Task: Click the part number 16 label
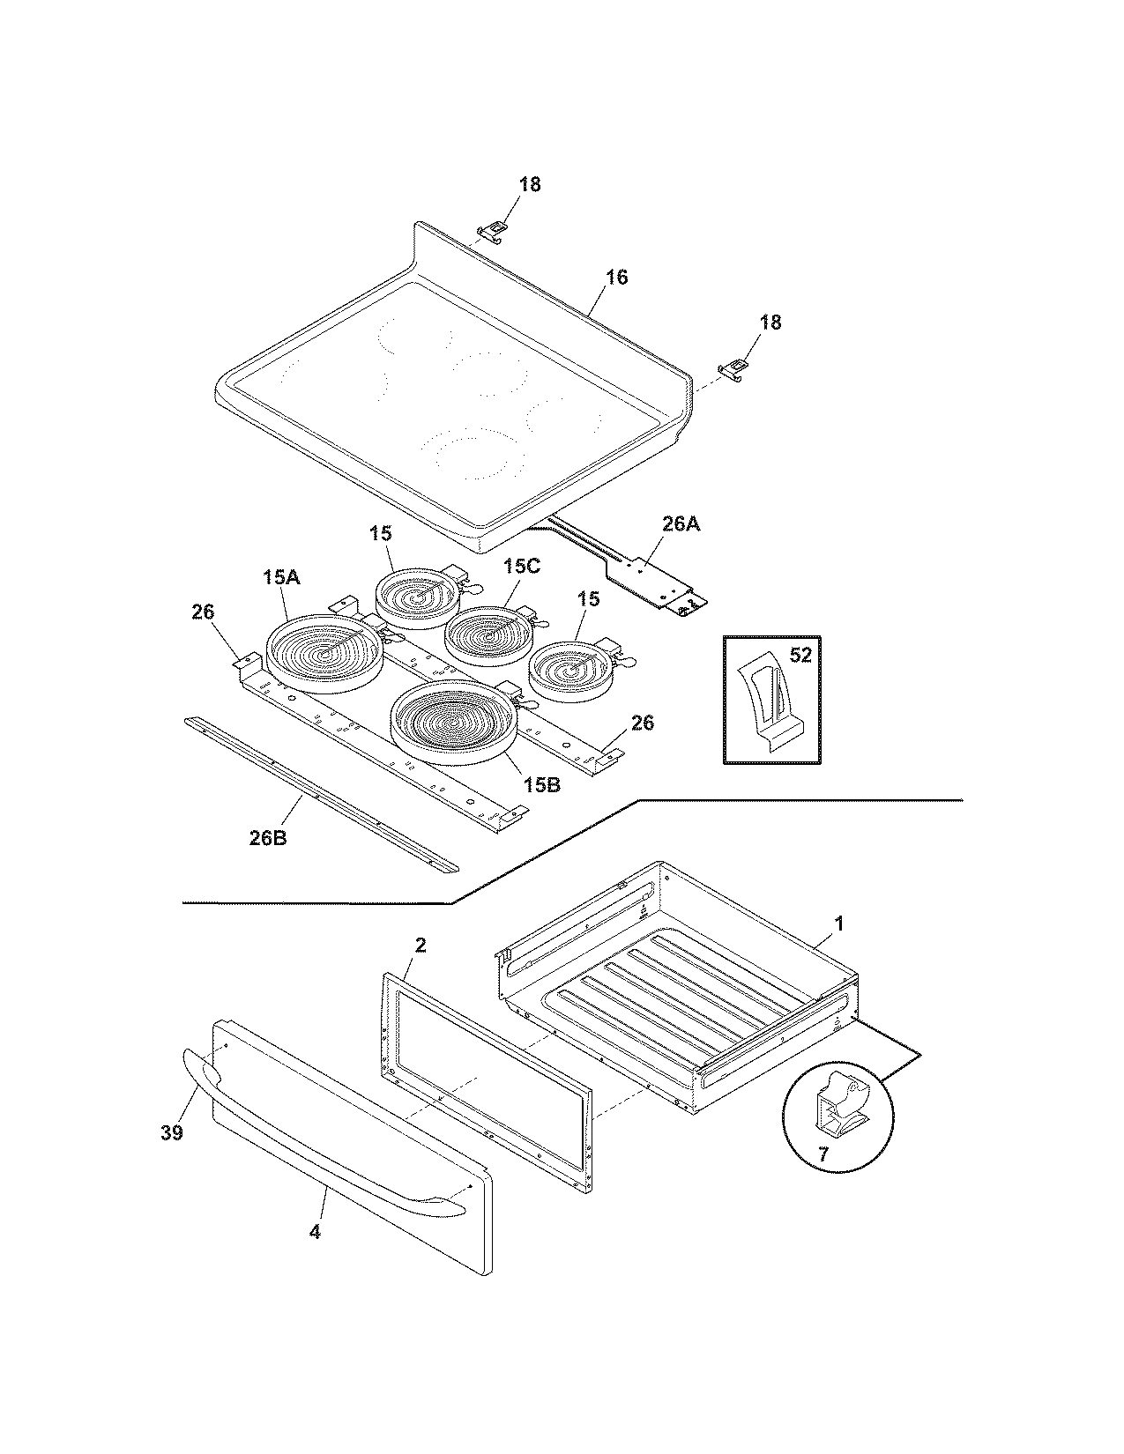click(x=616, y=278)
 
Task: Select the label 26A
click(x=681, y=524)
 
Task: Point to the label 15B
click(x=540, y=783)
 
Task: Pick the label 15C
click(x=521, y=566)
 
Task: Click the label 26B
click(x=267, y=837)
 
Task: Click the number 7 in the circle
click(x=823, y=1153)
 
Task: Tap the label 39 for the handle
click(x=171, y=1132)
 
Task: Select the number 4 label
click(x=315, y=1231)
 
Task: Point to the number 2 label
click(x=421, y=945)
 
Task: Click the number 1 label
click(x=839, y=924)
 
